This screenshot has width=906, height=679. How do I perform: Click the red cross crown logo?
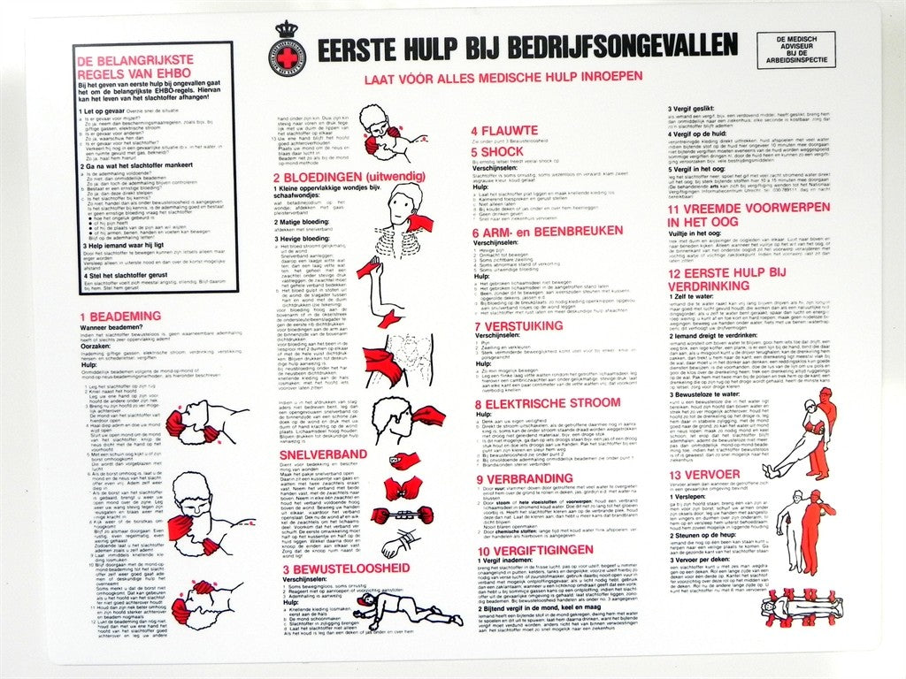tap(285, 49)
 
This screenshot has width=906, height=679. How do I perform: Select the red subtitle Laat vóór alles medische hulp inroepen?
tap(503, 77)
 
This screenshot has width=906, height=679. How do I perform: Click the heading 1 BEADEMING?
tap(120, 316)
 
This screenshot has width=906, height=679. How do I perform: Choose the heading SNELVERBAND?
tap(311, 454)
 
